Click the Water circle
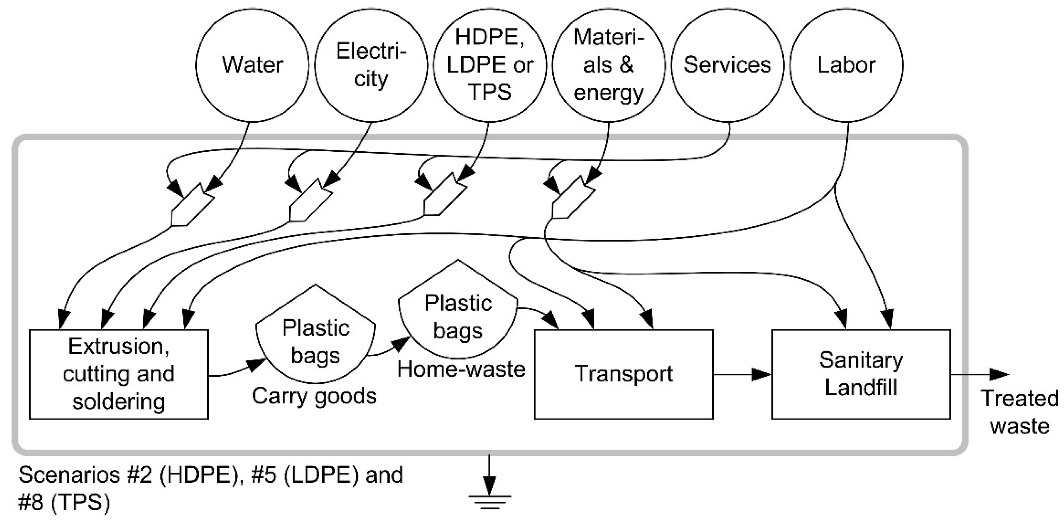[x=252, y=65]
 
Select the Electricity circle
[x=371, y=65]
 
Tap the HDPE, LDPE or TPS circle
[x=490, y=65]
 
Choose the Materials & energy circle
[x=609, y=65]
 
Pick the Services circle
[x=727, y=65]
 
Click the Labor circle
[x=846, y=65]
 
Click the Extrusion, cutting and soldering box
[x=119, y=374]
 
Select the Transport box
[x=624, y=374]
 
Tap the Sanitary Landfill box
[x=861, y=374]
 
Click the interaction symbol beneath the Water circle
[x=192, y=205]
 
